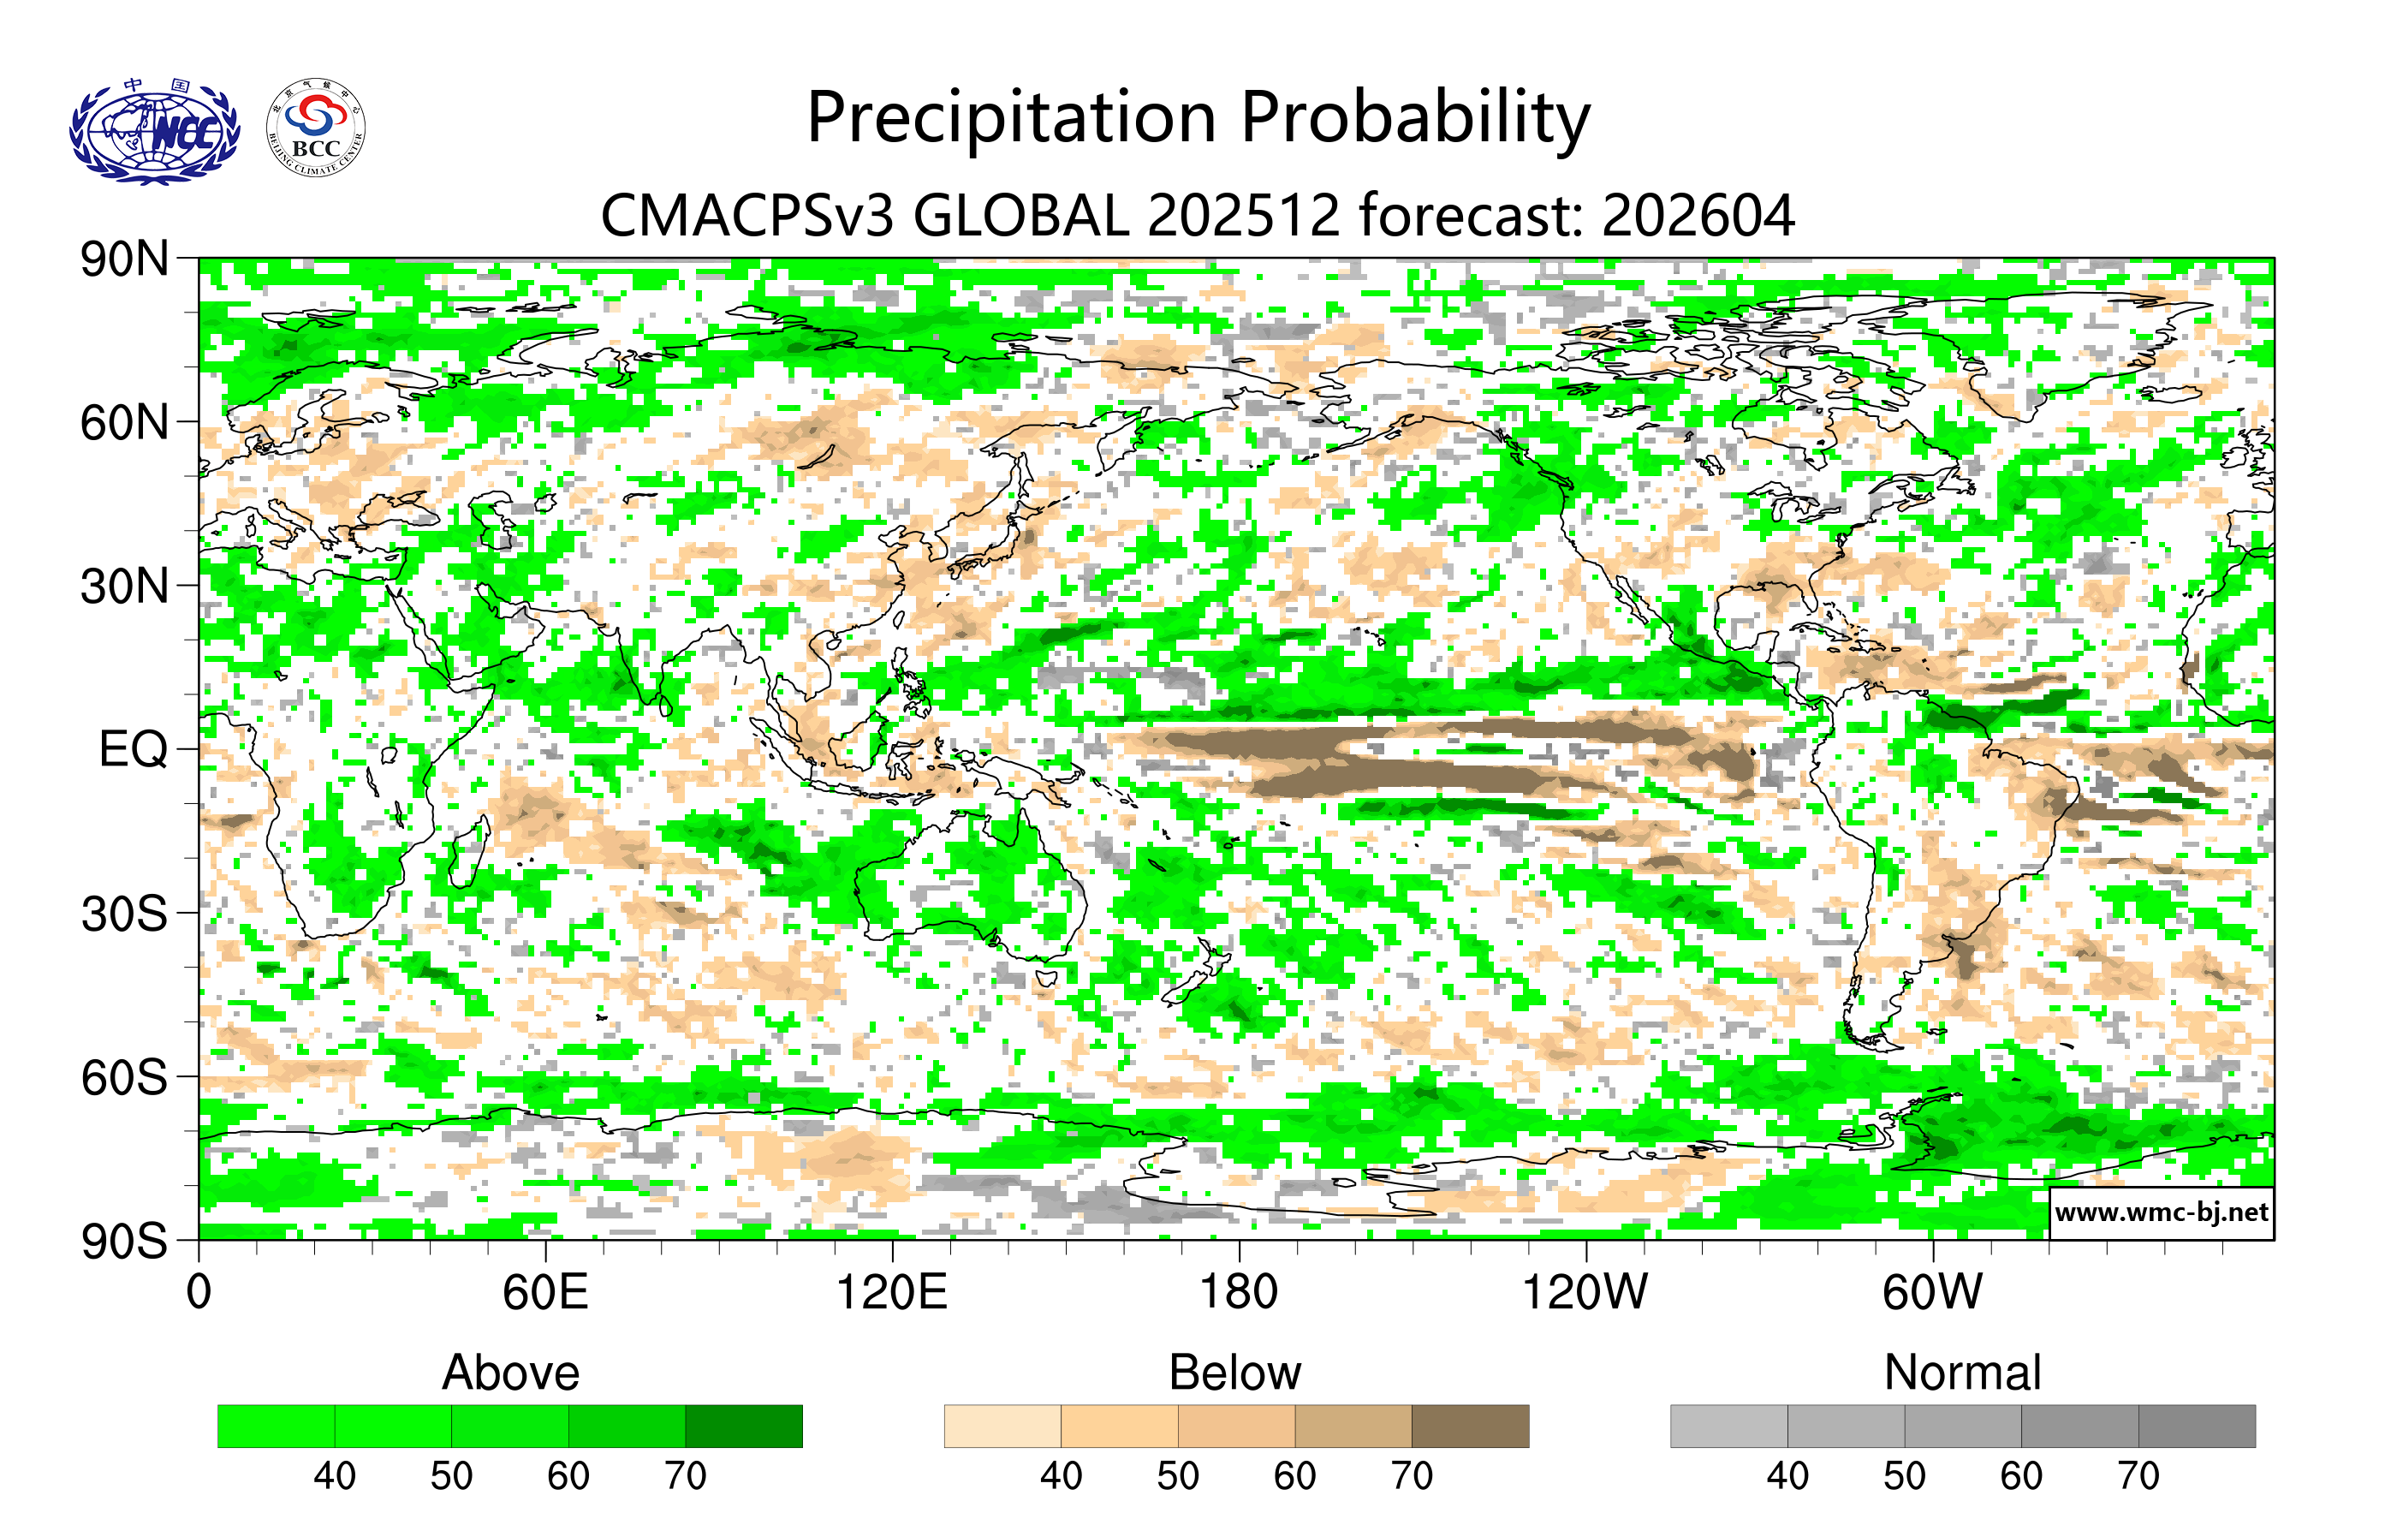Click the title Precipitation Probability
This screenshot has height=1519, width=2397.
(x=1198, y=117)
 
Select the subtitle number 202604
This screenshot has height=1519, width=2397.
(x=1698, y=215)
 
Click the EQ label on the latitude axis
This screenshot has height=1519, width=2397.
(x=133, y=749)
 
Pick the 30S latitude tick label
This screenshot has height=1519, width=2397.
(x=124, y=914)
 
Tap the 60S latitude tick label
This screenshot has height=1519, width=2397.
(x=124, y=1077)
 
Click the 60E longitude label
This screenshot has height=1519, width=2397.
(x=544, y=1292)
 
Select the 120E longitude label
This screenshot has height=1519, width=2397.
(x=891, y=1292)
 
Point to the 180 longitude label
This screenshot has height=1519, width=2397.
(x=1239, y=1292)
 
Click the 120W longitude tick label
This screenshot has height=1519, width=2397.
(x=1585, y=1292)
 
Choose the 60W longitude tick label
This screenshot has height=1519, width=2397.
(x=1931, y=1292)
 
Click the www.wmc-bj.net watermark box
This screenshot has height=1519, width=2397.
(x=2161, y=1212)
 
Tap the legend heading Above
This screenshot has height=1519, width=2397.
(x=511, y=1373)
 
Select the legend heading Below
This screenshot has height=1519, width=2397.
(x=1234, y=1373)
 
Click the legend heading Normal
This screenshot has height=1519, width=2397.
(x=1962, y=1373)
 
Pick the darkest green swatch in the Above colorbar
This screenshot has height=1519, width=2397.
(x=744, y=1426)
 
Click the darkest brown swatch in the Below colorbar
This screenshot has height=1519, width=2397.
(x=1469, y=1426)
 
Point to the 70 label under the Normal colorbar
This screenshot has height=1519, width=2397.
(x=2138, y=1475)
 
